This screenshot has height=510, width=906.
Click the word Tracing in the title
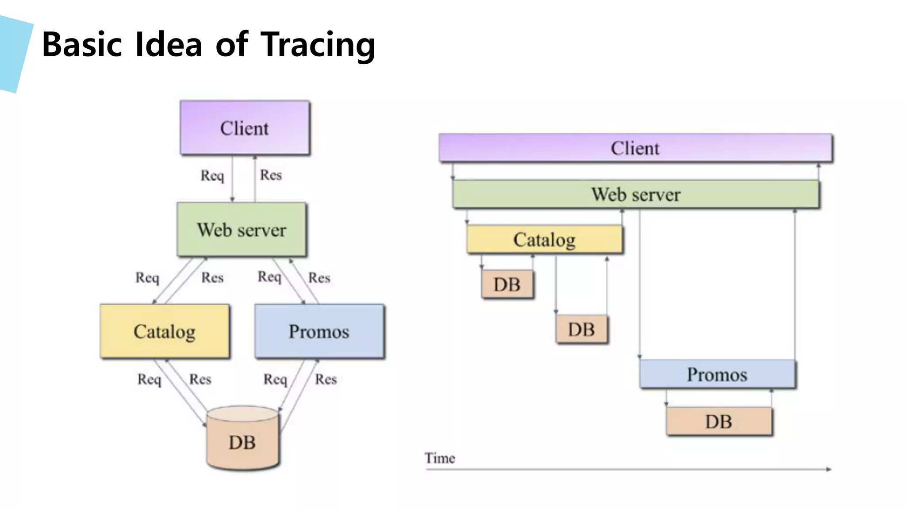click(318, 45)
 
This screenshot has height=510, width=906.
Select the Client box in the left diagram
click(245, 128)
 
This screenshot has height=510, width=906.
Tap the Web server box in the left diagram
click(242, 230)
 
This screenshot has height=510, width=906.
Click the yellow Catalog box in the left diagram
click(165, 331)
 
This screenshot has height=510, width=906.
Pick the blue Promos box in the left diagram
click(319, 331)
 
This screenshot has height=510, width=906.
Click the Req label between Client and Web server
click(212, 175)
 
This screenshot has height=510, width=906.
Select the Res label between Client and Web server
click(271, 175)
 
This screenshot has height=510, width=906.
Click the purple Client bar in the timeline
click(635, 148)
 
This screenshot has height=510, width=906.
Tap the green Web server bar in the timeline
click(636, 194)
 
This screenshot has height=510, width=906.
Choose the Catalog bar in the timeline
click(544, 240)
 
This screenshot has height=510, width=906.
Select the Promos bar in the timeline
click(717, 375)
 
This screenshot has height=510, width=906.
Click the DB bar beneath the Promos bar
click(719, 421)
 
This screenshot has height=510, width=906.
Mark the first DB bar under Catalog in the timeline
click(507, 284)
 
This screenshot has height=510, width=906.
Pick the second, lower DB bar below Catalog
click(581, 329)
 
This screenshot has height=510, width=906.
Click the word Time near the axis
click(440, 458)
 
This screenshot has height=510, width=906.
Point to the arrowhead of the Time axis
click(829, 469)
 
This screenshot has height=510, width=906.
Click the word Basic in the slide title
click(82, 45)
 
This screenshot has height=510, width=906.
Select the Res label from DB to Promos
click(326, 379)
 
